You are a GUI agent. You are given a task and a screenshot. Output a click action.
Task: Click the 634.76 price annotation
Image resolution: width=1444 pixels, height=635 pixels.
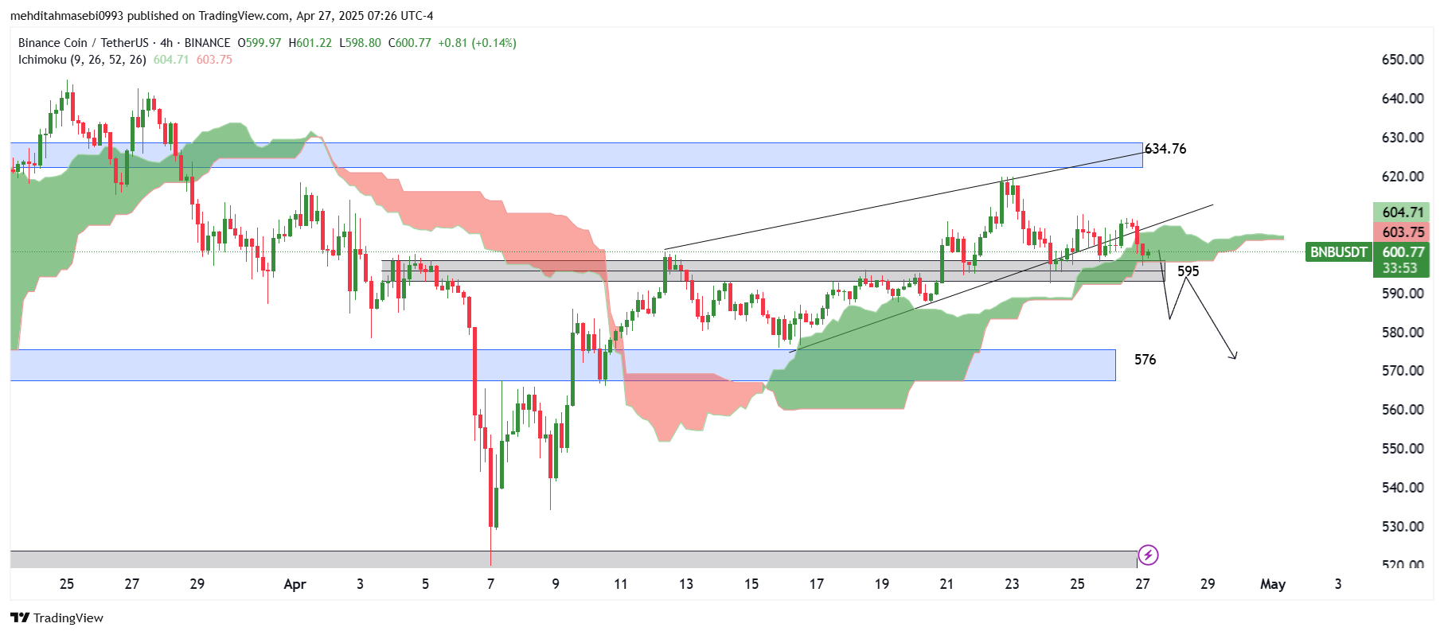[x=1165, y=149]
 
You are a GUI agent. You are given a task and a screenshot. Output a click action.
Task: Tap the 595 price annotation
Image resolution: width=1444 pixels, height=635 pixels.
[x=1188, y=271]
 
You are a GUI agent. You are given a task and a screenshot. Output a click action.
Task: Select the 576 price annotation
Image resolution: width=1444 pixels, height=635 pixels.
[x=1145, y=360]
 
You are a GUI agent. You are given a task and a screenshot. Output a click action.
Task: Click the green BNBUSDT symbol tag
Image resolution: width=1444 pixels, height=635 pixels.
[x=1338, y=252]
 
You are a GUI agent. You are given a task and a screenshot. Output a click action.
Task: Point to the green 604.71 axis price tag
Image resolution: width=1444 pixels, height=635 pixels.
[x=1402, y=212]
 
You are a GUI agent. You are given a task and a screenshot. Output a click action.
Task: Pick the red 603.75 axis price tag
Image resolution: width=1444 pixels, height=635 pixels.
[x=1402, y=232]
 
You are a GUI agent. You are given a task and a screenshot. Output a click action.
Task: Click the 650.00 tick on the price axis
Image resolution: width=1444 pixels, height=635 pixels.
[x=1403, y=60]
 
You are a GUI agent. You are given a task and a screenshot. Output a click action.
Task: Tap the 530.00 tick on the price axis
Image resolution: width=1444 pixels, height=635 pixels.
[x=1403, y=527]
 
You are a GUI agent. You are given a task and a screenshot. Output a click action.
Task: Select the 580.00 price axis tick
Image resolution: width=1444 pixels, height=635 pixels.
[x=1403, y=333]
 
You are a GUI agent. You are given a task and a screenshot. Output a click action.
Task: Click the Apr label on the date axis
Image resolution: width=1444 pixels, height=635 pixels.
[x=295, y=584]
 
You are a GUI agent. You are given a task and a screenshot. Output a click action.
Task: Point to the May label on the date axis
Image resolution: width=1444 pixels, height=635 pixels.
[x=1272, y=584]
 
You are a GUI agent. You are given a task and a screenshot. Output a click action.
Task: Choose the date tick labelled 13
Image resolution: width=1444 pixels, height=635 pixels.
[x=686, y=584]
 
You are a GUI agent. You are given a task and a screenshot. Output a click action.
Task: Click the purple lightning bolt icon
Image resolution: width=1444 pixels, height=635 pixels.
[x=1148, y=555]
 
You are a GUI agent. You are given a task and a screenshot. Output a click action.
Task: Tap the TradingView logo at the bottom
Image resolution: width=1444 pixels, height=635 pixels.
[x=57, y=618]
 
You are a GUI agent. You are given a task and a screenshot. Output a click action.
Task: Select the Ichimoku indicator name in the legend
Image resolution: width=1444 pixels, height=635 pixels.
[x=42, y=60]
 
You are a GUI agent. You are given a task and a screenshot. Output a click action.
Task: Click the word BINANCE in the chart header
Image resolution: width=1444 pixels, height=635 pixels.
[x=207, y=43]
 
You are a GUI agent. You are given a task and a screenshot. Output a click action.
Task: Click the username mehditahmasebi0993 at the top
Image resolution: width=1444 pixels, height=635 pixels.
[x=67, y=16]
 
